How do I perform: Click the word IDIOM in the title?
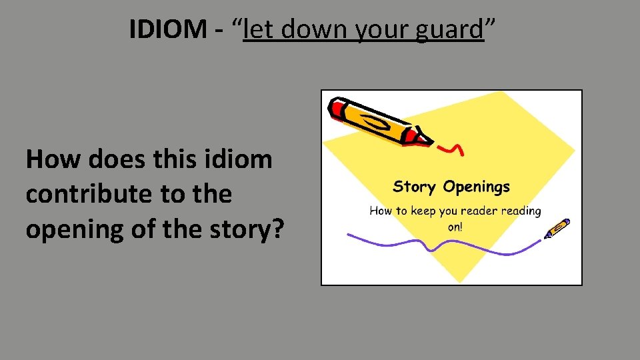(168, 29)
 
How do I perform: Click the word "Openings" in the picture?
(476, 187)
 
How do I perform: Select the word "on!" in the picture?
(455, 226)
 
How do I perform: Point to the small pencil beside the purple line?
(557, 228)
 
